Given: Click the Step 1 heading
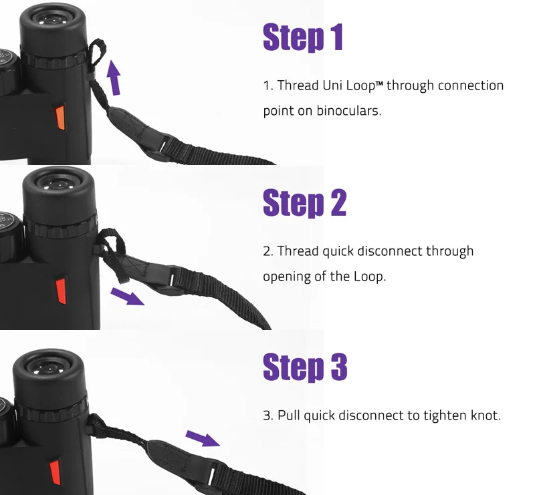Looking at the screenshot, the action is click(303, 37).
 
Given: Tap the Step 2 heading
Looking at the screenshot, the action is click(304, 202).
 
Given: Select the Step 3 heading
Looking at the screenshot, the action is click(305, 367).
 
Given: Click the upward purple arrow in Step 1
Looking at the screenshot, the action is click(114, 77).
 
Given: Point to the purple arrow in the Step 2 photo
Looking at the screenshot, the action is click(127, 295).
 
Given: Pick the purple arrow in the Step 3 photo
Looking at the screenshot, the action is click(203, 438).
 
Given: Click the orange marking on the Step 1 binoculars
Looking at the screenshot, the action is click(60, 118).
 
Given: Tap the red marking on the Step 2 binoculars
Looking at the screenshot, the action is click(61, 291).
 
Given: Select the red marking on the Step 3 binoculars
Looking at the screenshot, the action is click(55, 472).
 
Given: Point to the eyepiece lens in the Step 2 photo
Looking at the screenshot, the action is click(58, 184).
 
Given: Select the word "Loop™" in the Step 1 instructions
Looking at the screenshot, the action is click(364, 86).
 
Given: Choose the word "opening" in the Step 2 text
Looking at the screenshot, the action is click(287, 277).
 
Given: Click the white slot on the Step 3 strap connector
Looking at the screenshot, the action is click(212, 474).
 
